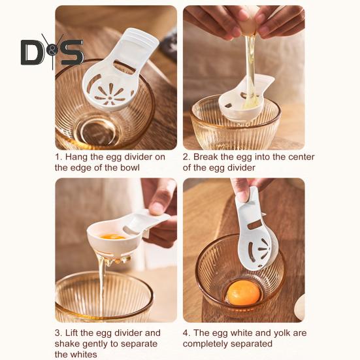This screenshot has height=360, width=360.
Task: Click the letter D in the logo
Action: click(31, 52)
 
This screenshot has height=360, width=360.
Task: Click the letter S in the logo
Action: click(72, 52)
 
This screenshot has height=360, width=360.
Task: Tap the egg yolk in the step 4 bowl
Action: click(243, 293)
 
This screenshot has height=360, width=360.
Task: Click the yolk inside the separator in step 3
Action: click(113, 237)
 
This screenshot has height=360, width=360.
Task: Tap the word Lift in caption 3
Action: click(72, 333)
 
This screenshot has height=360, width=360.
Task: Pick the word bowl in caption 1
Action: click(130, 168)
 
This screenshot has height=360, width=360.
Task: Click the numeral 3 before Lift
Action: click(57, 333)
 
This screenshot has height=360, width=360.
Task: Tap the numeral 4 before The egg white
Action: click(186, 333)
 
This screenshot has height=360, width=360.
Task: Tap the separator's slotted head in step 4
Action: click(258, 253)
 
